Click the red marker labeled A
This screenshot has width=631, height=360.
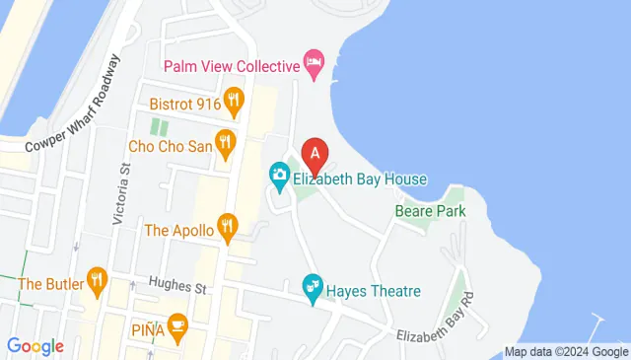[315, 154]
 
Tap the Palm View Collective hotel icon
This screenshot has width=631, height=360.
[314, 66]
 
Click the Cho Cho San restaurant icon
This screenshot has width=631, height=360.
[226, 143]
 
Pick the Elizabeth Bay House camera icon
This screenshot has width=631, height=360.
[279, 179]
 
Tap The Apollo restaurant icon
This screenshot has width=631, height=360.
[229, 230]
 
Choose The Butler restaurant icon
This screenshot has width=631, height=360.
[96, 282]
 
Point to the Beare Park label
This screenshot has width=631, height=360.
[429, 210]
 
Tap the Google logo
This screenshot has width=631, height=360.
[35, 346]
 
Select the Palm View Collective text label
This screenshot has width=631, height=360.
[231, 66]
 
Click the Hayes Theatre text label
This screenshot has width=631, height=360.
[376, 291]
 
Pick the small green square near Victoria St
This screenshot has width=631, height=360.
[158, 126]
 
